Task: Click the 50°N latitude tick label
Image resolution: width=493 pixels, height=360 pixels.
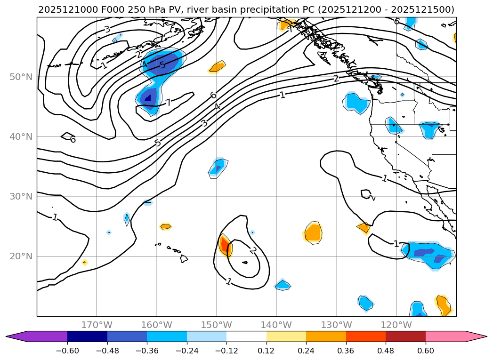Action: [x=21, y=77]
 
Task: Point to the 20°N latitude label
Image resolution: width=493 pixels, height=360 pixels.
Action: [x=21, y=256]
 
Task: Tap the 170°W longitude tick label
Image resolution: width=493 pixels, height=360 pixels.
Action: [x=97, y=325]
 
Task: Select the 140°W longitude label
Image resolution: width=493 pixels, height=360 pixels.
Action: [x=276, y=325]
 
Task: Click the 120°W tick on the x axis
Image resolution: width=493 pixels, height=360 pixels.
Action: [x=396, y=325]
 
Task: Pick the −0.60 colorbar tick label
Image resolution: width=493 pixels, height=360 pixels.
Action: [x=67, y=351]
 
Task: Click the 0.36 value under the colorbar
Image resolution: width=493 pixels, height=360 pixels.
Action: [x=346, y=351]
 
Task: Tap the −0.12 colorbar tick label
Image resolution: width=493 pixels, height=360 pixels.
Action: [x=226, y=351]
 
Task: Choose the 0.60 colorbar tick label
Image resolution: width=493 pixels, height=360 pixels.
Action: [x=426, y=351]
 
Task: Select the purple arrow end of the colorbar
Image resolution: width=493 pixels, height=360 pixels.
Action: [x=17, y=336]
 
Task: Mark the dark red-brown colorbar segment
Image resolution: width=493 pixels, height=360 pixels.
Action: [x=405, y=336]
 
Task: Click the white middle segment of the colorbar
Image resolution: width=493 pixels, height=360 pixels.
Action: [x=246, y=336]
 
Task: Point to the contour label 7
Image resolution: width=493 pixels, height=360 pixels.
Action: [x=168, y=102]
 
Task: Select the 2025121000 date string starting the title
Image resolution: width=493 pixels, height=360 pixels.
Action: [x=61, y=9]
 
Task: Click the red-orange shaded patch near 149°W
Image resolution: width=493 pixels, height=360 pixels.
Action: [x=225, y=245]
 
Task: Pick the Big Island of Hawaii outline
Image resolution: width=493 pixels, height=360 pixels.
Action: [x=184, y=258]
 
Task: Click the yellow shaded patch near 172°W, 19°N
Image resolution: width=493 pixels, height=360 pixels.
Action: [x=84, y=262]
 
